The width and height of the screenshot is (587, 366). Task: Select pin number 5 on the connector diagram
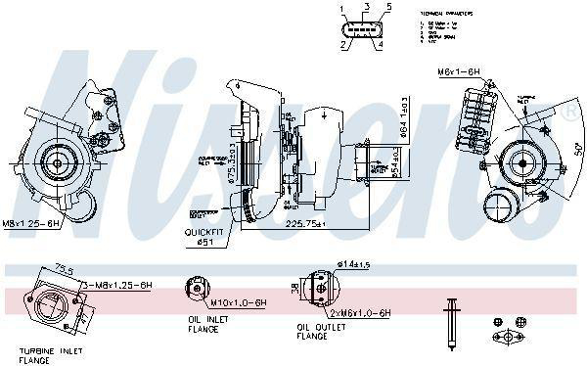[388, 8]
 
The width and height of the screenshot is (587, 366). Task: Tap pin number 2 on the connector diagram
[342, 45]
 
